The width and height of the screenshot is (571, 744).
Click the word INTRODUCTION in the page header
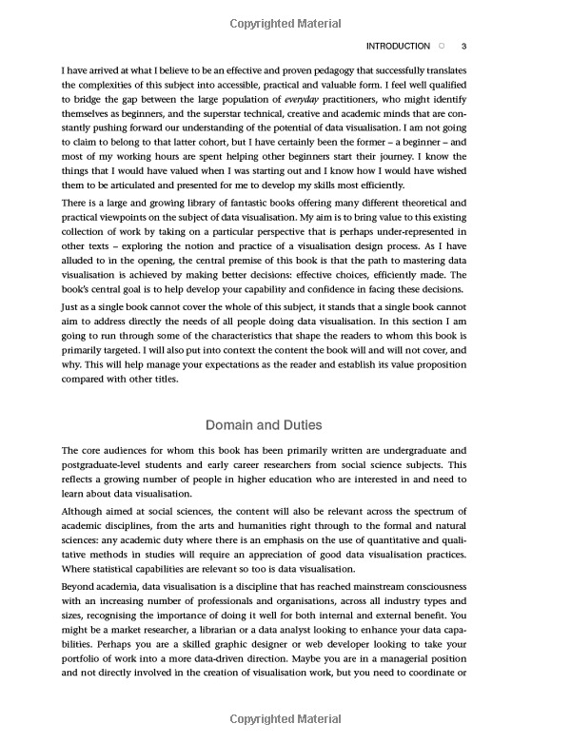coord(398,46)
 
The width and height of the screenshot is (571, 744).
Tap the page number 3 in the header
coord(463,46)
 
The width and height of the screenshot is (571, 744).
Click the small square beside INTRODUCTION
coord(441,46)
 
